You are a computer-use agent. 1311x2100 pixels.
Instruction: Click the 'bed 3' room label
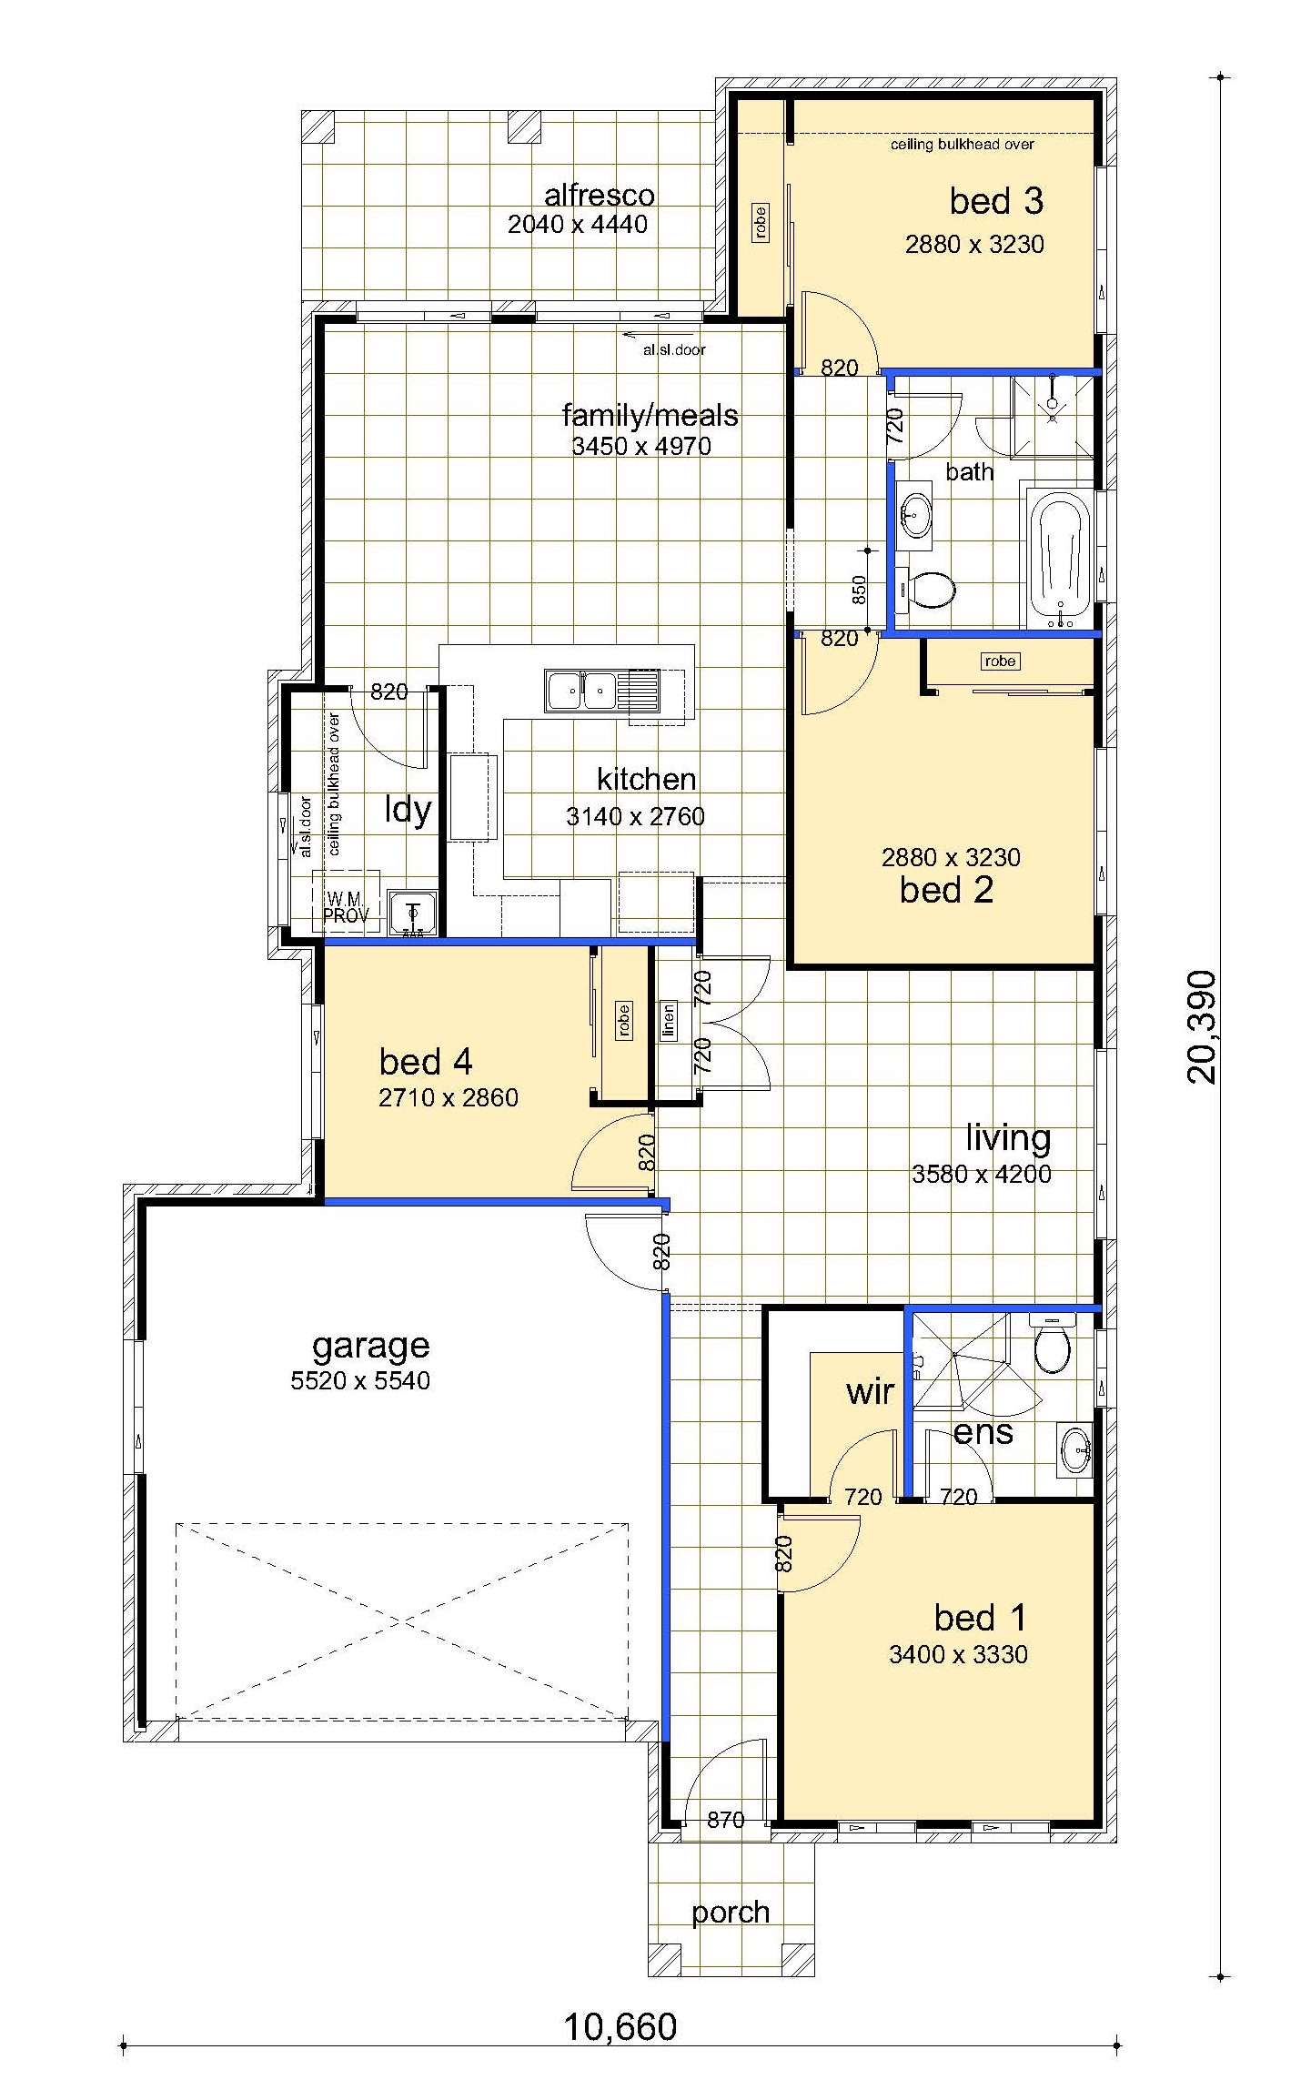pyautogui.click(x=996, y=201)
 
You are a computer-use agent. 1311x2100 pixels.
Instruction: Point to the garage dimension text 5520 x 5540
pyautogui.click(x=360, y=1380)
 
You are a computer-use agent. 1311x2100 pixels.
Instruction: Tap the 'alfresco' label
pyautogui.click(x=600, y=195)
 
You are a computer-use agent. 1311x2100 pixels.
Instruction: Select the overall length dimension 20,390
pyautogui.click(x=1201, y=1026)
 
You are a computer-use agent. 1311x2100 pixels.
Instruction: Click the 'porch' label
pyautogui.click(x=731, y=1913)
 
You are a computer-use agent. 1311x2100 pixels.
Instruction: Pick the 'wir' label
pyautogui.click(x=870, y=1391)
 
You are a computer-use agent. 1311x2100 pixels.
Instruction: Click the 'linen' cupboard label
pyautogui.click(x=669, y=1021)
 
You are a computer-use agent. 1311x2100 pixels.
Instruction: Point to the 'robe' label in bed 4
pyautogui.click(x=623, y=1021)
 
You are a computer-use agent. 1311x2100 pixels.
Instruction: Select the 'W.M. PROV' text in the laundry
pyautogui.click(x=346, y=908)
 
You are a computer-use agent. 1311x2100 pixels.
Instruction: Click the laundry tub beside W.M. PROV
pyautogui.click(x=414, y=913)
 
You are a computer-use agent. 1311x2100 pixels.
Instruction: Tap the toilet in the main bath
pyautogui.click(x=926, y=591)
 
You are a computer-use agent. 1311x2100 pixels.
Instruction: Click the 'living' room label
pyautogui.click(x=1008, y=1137)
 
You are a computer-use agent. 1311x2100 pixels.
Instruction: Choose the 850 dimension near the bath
pyautogui.click(x=859, y=591)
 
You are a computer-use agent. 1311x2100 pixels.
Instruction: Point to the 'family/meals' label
pyautogui.click(x=650, y=416)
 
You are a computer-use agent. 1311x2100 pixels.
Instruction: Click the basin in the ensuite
pyautogui.click(x=1076, y=1449)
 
